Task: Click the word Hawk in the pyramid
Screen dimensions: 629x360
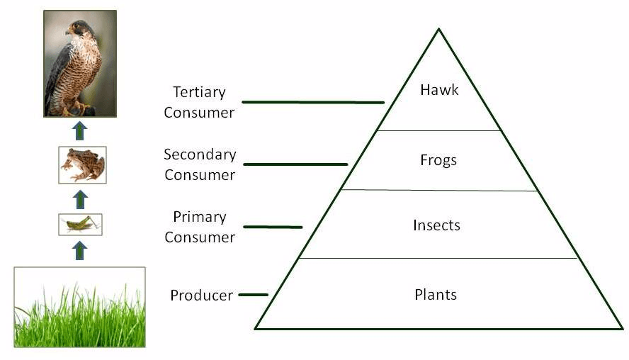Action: pos(439,89)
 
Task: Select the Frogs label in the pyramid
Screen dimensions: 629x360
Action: pos(438,160)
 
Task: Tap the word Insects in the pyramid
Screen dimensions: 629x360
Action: pos(436,225)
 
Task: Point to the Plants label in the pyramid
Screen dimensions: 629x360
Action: pos(436,295)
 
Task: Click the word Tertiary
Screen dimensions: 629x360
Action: pos(199,92)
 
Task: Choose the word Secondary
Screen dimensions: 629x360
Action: pos(200,154)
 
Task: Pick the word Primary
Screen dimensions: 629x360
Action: pos(200,217)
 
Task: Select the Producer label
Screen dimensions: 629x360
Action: pos(201,296)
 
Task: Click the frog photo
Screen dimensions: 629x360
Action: pos(83,165)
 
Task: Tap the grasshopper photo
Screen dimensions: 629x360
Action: pos(80,225)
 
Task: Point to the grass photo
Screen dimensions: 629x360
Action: pos(80,307)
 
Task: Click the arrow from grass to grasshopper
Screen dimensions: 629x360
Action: pos(80,250)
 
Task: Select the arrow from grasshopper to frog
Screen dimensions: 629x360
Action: pos(80,199)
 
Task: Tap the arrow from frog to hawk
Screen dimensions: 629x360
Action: pos(80,131)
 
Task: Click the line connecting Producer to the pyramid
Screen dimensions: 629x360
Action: pos(254,295)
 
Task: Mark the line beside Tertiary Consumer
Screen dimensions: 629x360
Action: pos(313,102)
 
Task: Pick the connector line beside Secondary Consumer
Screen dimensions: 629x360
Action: pos(295,164)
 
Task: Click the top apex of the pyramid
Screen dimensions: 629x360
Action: pos(439,28)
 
